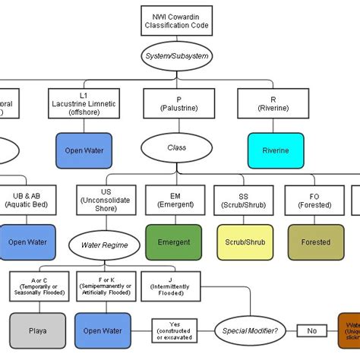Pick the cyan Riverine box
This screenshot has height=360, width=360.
coord(276,150)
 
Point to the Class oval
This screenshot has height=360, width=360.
coord(176,147)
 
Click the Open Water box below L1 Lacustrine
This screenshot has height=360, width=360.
coord(84,150)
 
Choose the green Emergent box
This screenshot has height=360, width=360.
coord(174,242)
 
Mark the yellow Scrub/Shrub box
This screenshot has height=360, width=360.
coord(244,242)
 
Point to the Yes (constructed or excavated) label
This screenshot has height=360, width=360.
coord(174,331)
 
